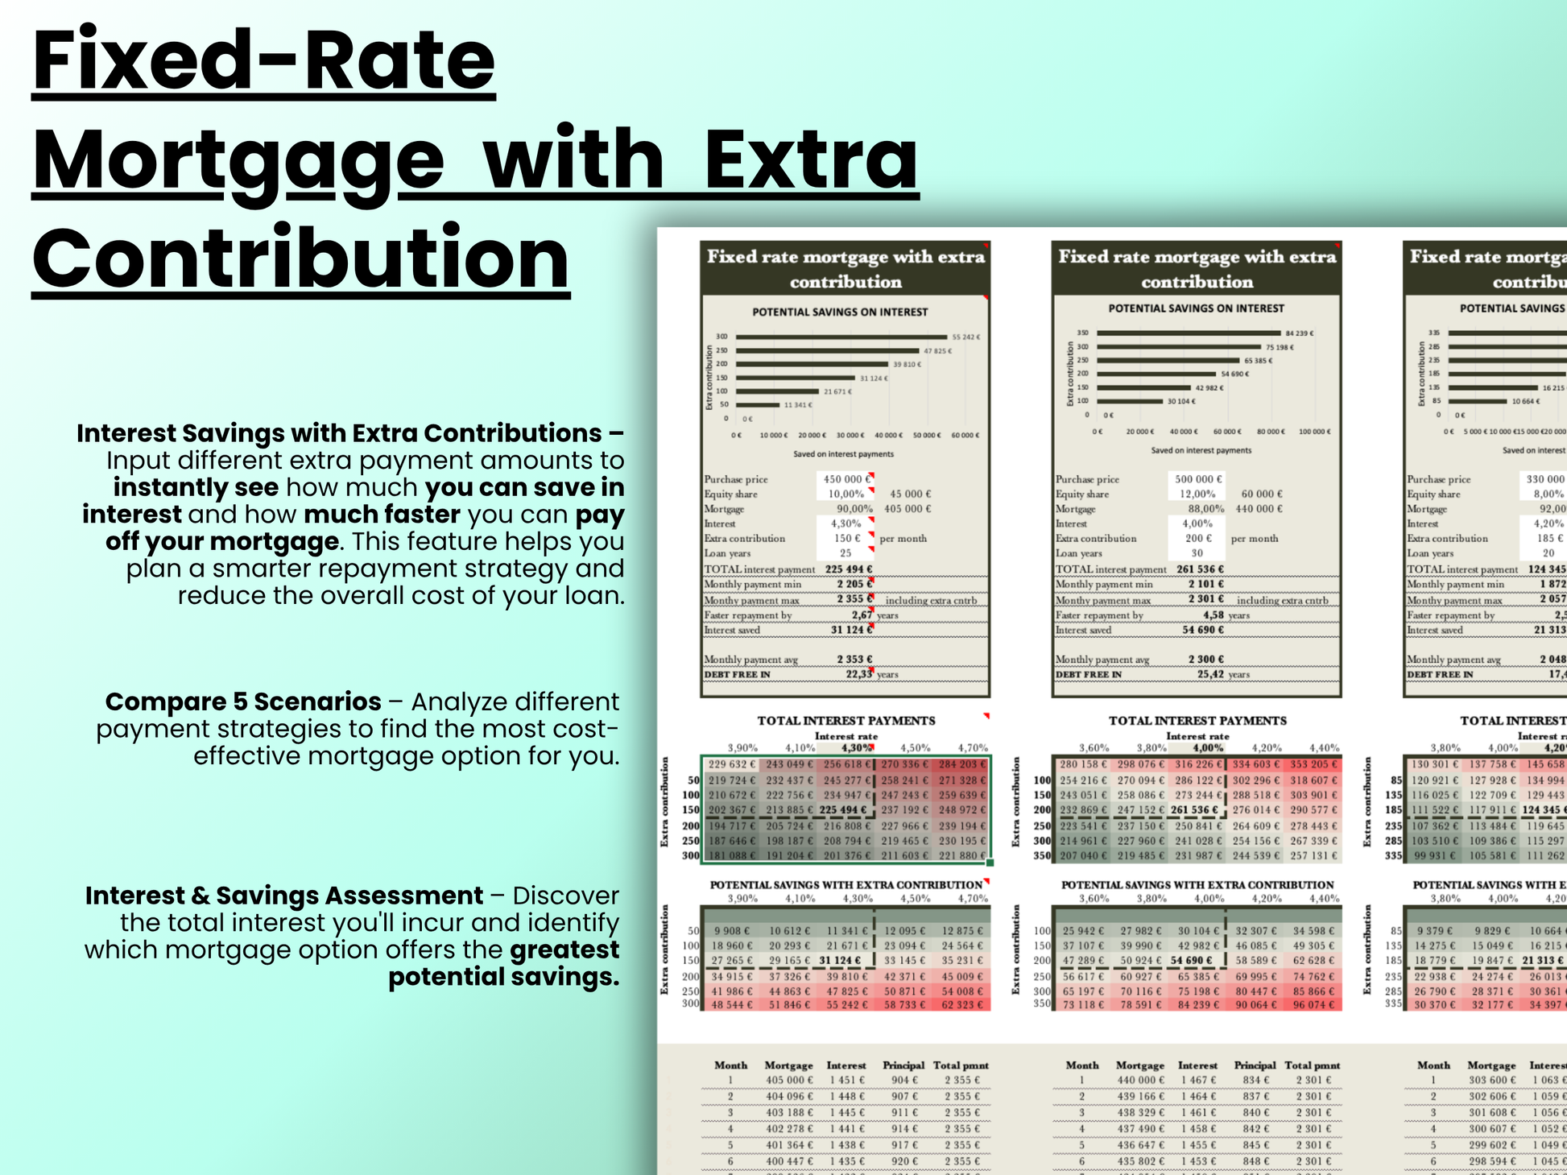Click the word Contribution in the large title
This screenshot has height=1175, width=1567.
tap(300, 259)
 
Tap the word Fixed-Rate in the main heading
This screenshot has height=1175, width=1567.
tap(263, 61)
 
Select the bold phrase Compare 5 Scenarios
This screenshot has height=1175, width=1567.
tap(243, 701)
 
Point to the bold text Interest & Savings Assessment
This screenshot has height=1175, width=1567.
tap(284, 896)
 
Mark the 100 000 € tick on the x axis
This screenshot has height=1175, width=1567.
tap(1315, 432)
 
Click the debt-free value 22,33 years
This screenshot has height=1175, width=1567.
tap(858, 674)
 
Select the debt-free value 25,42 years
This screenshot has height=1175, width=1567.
tap(1210, 674)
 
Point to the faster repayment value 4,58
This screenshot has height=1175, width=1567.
tap(1213, 615)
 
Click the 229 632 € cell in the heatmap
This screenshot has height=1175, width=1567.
tap(732, 764)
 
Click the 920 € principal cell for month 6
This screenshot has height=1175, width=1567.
tap(904, 1161)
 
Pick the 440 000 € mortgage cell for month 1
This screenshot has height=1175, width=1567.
tap(1139, 1080)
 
